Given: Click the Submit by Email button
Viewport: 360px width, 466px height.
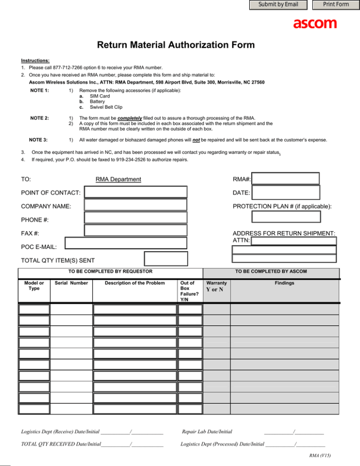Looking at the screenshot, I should (x=278, y=5).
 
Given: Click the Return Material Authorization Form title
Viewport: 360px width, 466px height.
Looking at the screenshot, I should (x=176, y=45).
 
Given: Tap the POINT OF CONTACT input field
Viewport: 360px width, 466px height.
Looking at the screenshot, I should (x=136, y=192).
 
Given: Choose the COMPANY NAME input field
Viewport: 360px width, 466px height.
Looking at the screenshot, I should (x=136, y=204).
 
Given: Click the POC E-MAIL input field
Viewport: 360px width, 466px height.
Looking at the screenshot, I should (x=126, y=242).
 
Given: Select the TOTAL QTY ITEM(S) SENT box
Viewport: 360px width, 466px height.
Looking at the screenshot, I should (x=165, y=259).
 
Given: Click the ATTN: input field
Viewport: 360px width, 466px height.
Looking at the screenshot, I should (x=294, y=241).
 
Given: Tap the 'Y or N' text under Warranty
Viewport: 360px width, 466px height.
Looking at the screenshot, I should (x=215, y=289).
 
